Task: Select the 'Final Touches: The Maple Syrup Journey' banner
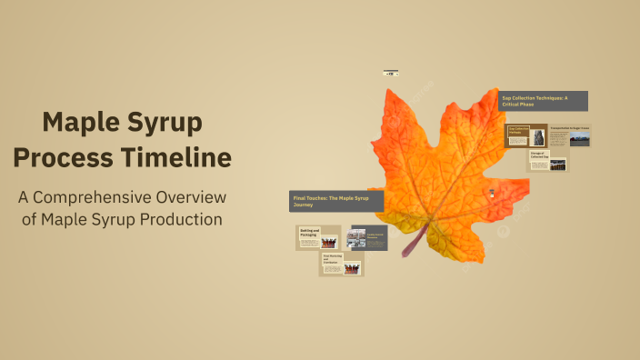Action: [335, 201]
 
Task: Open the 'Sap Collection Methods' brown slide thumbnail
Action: [526, 135]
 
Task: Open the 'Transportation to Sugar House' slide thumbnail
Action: [569, 135]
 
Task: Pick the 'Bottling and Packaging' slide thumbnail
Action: [318, 237]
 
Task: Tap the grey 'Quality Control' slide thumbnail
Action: [369, 238]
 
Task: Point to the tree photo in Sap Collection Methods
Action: [538, 137]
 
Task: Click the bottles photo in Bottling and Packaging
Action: [329, 242]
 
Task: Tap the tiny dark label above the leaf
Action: [391, 72]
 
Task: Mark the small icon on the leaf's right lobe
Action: [494, 193]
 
